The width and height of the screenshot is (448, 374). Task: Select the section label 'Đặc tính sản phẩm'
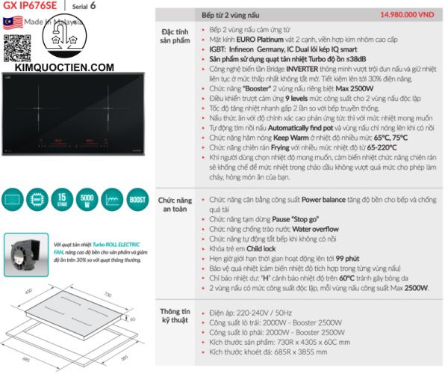click(x=177, y=37)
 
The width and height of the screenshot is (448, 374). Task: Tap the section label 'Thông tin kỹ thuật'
click(x=177, y=315)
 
